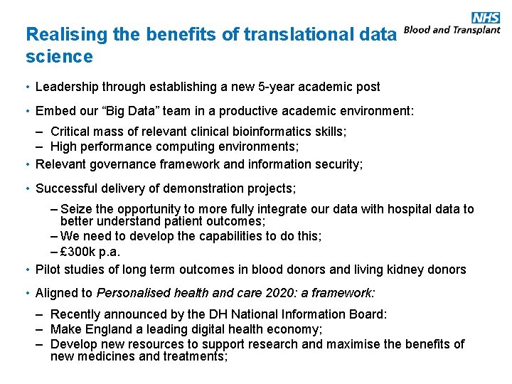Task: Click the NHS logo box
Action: coord(486,18)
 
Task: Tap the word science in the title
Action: coord(59,56)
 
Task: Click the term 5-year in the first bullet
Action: coord(270,87)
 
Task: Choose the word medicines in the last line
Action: coord(105,356)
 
